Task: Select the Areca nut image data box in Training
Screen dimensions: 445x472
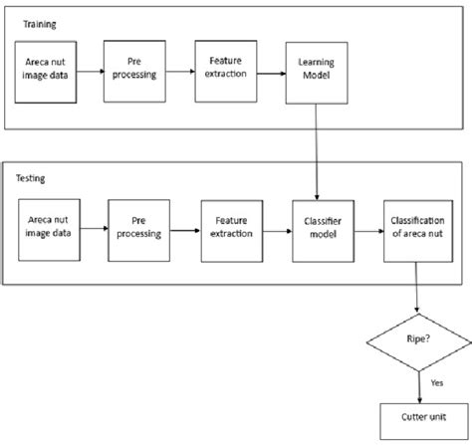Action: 46,72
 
